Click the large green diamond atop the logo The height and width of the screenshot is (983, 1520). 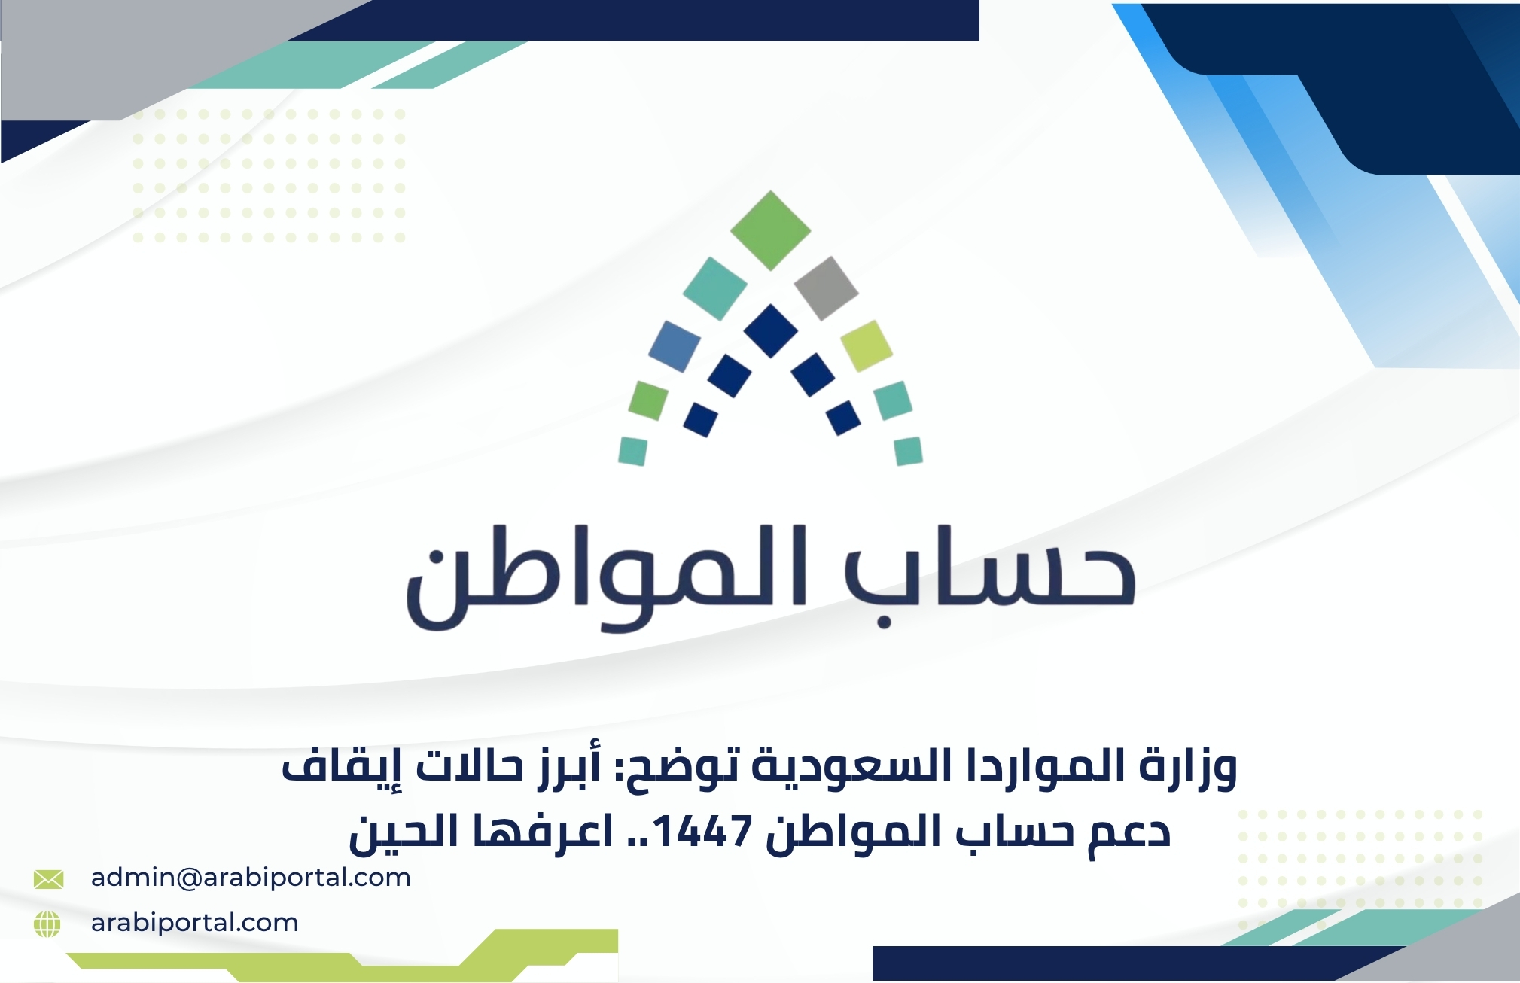click(x=770, y=230)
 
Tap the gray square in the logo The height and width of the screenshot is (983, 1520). click(x=826, y=288)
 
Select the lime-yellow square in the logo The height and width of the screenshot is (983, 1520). click(x=867, y=345)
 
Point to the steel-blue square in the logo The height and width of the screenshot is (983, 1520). click(x=675, y=346)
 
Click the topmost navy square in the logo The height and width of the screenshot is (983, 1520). click(x=770, y=330)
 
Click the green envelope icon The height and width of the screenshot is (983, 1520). click(x=48, y=878)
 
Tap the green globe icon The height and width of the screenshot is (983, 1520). click(x=47, y=924)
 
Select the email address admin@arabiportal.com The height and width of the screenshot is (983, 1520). click(x=251, y=878)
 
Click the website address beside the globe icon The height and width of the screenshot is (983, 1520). click(x=194, y=923)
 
